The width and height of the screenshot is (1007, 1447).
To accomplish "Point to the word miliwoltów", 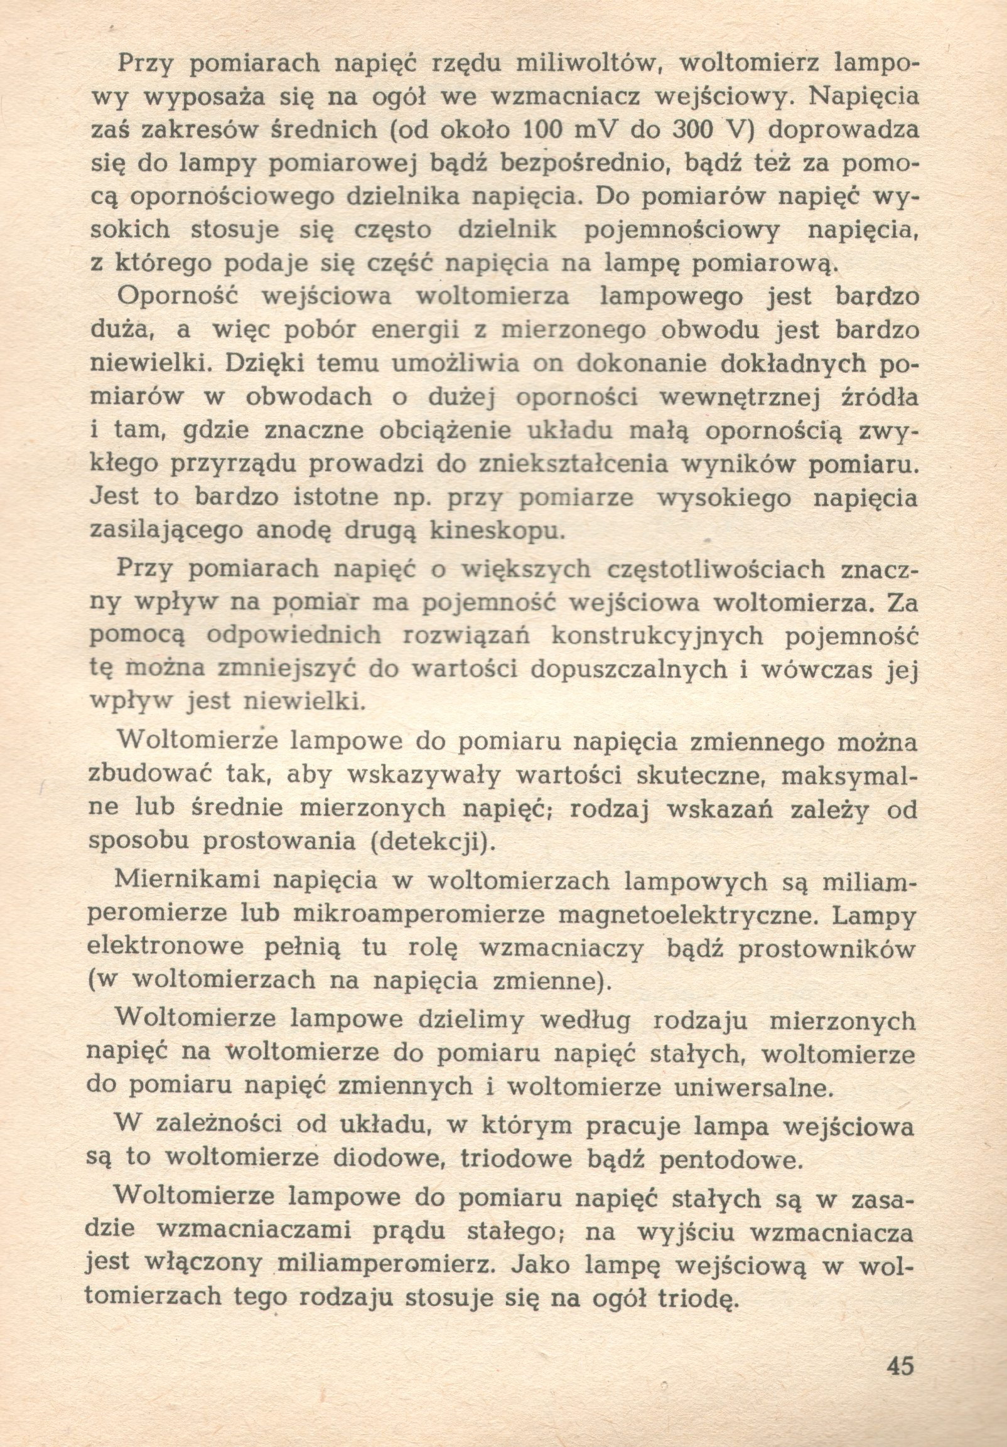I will pyautogui.click(x=588, y=63).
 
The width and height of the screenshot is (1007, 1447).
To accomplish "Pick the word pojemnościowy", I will pyautogui.click(x=682, y=230).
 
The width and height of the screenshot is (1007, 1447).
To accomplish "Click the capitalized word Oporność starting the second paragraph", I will pyautogui.click(x=177, y=296).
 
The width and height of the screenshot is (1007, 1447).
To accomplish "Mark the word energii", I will pyautogui.click(x=416, y=329).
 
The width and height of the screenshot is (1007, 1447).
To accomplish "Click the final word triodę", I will pyautogui.click(x=696, y=1298).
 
